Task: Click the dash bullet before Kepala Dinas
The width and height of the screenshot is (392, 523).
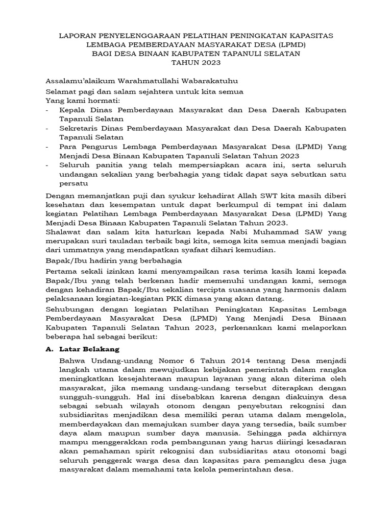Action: click(x=47, y=110)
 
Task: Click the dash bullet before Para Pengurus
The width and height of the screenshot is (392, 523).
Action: click(x=47, y=147)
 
